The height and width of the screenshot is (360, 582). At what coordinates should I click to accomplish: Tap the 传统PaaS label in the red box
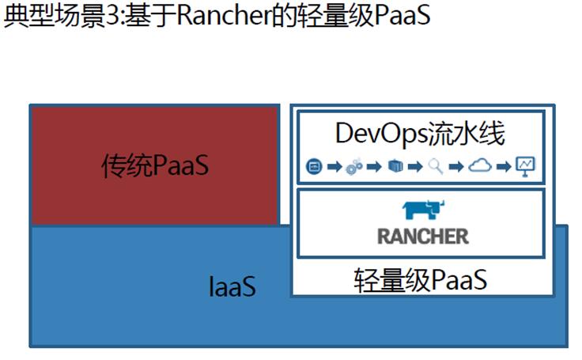click(155, 165)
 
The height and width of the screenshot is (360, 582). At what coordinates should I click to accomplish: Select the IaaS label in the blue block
click(232, 286)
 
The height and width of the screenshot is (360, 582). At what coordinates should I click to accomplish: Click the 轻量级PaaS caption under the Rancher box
click(420, 279)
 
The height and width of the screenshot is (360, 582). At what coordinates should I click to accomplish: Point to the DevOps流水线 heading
click(420, 133)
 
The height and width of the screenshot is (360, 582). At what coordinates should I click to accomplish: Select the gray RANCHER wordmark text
click(422, 235)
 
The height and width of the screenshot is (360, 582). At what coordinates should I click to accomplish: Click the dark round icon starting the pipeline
click(313, 166)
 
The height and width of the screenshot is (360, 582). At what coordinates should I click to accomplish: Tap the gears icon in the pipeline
click(354, 166)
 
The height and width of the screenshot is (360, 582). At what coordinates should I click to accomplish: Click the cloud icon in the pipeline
click(480, 165)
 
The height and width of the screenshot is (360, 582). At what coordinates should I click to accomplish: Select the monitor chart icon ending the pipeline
click(525, 165)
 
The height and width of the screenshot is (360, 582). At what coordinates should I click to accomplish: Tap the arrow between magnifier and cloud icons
click(456, 166)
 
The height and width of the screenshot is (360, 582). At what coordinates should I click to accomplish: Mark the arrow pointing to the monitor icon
click(503, 166)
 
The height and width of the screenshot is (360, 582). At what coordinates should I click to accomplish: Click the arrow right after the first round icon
click(333, 166)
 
